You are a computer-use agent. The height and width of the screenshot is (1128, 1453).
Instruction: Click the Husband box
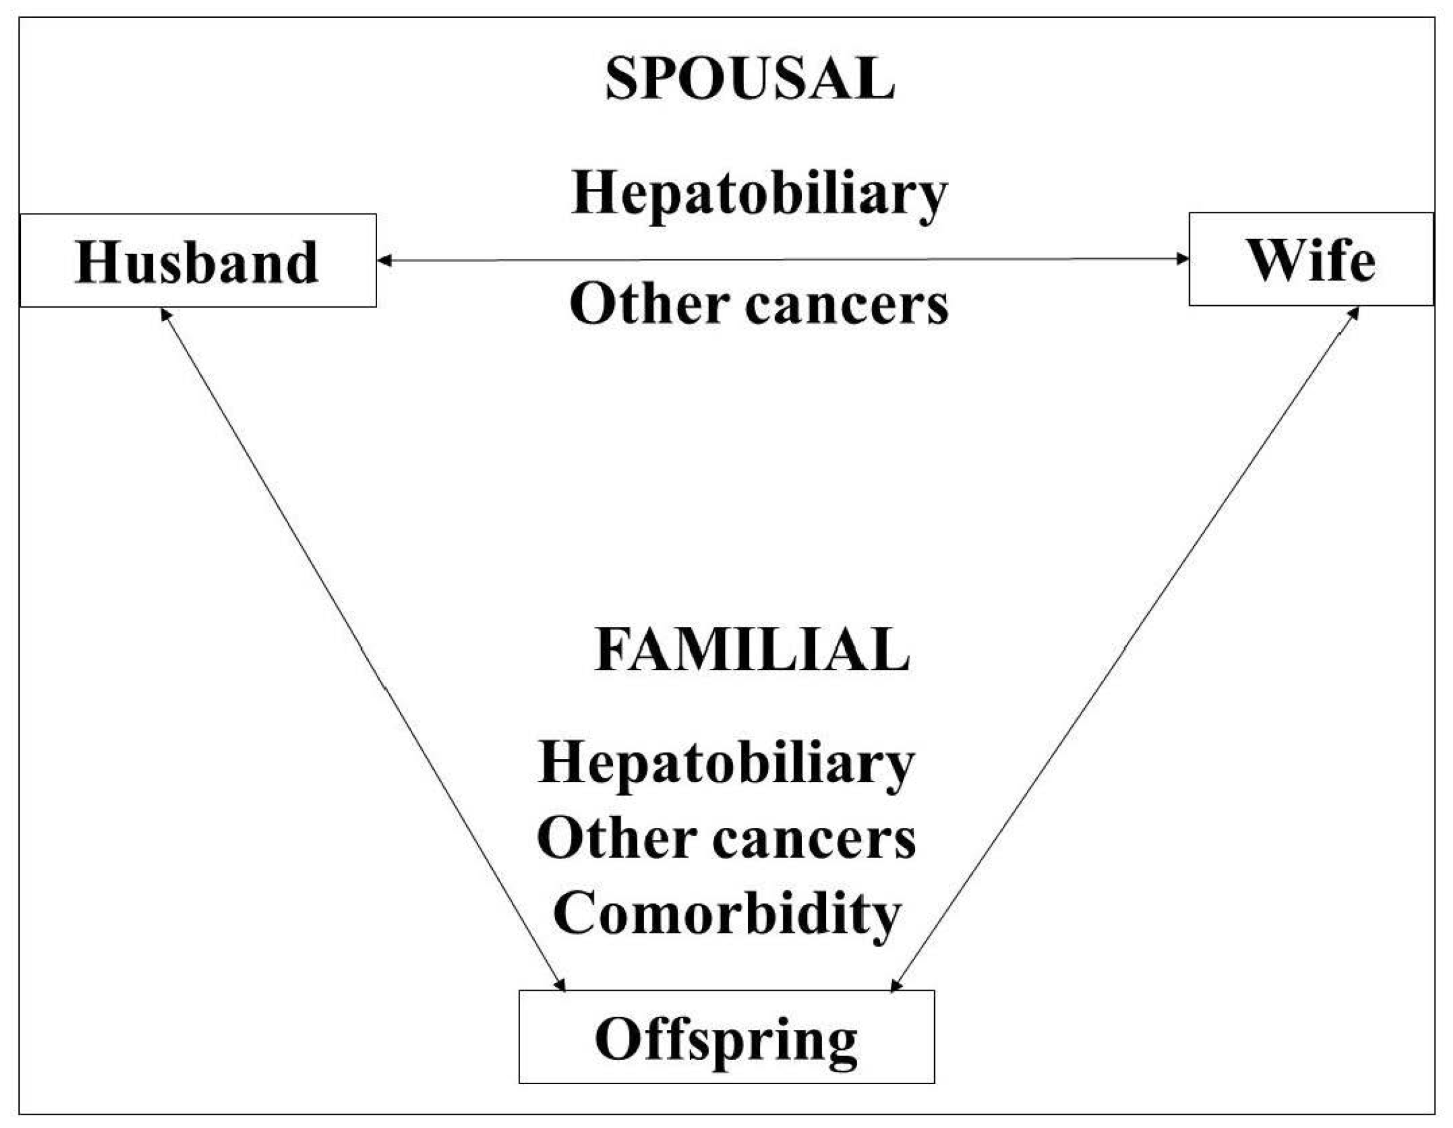click(x=198, y=261)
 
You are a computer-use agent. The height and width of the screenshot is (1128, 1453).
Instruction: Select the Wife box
click(x=1310, y=259)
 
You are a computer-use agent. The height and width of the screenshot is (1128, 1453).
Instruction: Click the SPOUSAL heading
click(x=750, y=79)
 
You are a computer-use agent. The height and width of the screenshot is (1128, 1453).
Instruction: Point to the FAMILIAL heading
click(x=751, y=650)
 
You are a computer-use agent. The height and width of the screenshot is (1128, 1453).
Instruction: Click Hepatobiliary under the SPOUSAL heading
click(x=759, y=193)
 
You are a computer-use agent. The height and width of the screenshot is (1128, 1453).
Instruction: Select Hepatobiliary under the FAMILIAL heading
click(x=726, y=763)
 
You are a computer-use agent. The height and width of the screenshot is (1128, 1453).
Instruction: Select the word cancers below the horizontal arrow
click(x=846, y=305)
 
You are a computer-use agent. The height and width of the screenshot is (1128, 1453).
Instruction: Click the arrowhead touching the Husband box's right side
click(x=384, y=261)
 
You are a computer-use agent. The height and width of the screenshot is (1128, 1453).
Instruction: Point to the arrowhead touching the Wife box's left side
click(x=1182, y=259)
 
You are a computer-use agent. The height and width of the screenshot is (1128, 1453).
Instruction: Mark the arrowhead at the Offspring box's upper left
click(x=560, y=984)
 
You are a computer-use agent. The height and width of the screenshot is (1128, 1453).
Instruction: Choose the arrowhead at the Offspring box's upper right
click(x=895, y=985)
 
